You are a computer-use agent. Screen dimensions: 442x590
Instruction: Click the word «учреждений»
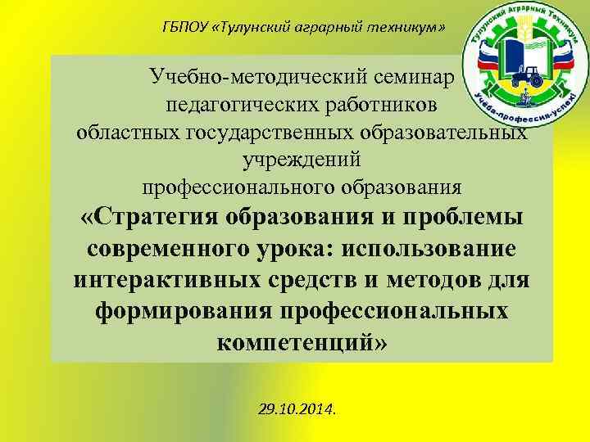click(x=302, y=159)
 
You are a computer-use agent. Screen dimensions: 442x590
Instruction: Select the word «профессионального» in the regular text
click(x=234, y=186)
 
